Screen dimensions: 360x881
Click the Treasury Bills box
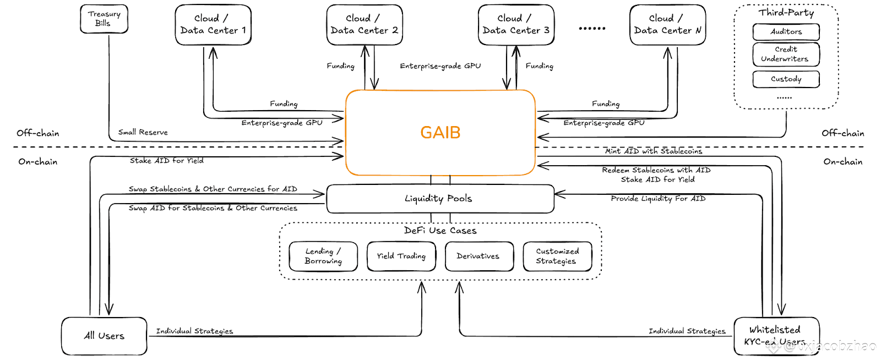[104, 19]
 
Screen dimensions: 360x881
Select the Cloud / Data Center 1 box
[213, 25]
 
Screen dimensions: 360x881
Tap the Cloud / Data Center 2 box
[365, 25]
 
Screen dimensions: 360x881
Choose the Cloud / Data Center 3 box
[516, 25]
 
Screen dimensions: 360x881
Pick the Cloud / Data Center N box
[667, 25]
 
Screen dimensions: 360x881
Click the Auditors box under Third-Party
[786, 32]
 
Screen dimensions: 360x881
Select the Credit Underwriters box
[786, 54]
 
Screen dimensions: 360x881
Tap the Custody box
[786, 79]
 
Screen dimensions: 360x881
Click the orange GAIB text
[440, 133]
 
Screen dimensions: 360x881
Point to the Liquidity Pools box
[440, 199]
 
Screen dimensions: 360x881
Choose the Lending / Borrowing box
[323, 257]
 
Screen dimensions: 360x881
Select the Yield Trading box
[401, 257]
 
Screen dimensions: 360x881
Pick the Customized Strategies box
[557, 257]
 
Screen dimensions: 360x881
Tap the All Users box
[104, 336]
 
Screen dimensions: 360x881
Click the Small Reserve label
[143, 133]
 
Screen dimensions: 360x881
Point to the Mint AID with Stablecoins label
[654, 151]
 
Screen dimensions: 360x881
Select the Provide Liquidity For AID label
[658, 199]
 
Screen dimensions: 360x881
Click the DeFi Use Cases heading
[440, 231]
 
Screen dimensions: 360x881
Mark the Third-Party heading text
[786, 13]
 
